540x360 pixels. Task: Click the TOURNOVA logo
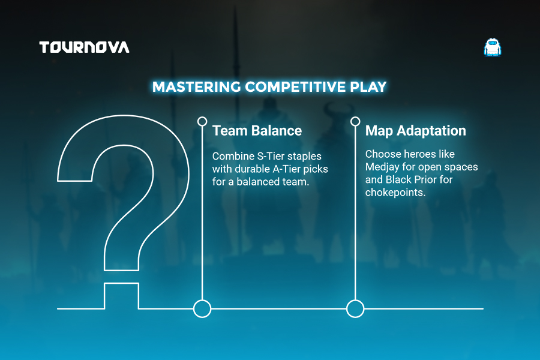pos(85,47)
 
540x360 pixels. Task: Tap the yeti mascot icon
pos(493,47)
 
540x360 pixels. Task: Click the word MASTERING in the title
pos(197,87)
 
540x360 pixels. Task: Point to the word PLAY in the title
pos(368,87)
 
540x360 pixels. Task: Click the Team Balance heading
pos(257,131)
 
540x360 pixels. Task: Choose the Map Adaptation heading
pos(416,131)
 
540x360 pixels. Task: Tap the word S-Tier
pos(271,156)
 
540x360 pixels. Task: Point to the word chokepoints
pos(395,193)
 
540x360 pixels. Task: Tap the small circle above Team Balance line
pos(202,118)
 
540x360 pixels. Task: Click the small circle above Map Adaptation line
pos(355,118)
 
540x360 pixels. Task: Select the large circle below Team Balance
pos(202,301)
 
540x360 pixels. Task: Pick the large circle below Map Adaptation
pos(355,301)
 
